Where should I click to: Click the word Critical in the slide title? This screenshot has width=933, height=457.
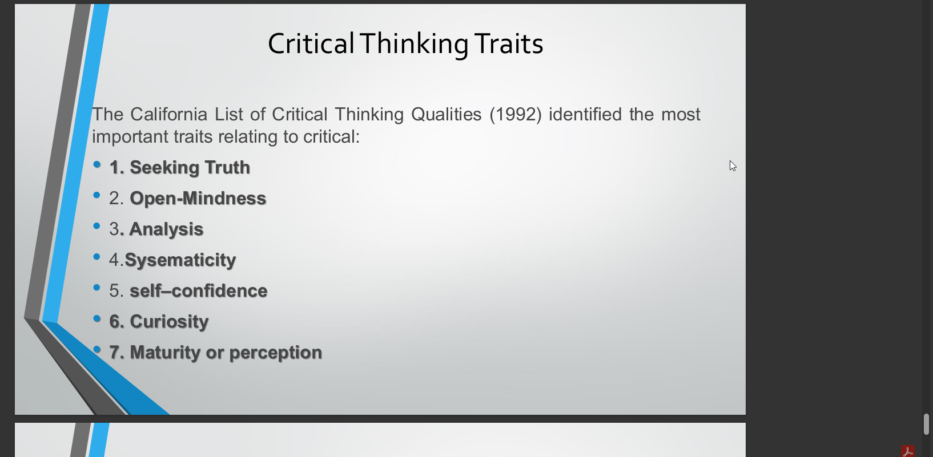coord(311,43)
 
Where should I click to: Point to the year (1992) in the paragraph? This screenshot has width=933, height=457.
coord(516,115)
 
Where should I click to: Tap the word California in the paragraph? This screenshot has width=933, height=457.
coord(168,114)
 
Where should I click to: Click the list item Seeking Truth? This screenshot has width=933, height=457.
coord(190,167)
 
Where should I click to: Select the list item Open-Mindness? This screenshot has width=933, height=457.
coord(198,198)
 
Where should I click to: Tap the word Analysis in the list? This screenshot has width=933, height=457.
coord(166,229)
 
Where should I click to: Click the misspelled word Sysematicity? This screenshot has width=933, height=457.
coord(180,260)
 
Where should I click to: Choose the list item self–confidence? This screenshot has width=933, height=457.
coord(199,290)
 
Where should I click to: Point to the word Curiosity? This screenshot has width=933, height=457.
coord(169,322)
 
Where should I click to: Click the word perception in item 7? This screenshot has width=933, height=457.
coord(276,353)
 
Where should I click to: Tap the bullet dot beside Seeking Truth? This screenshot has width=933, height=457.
coord(97,164)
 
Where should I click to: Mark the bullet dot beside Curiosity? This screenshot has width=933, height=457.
coord(97,318)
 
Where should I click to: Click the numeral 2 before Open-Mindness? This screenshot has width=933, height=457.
coord(114,199)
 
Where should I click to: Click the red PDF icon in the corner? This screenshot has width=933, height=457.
coord(908,451)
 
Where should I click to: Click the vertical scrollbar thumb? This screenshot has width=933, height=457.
coord(926,424)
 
